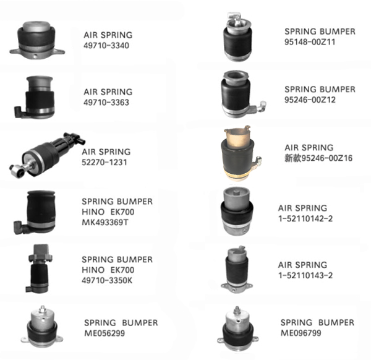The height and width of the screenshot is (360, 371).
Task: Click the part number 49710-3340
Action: click(x=106, y=45)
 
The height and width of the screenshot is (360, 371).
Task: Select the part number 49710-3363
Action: click(x=106, y=103)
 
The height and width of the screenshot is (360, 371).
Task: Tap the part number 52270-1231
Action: click(x=104, y=162)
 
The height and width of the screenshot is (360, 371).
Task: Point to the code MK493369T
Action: click(x=105, y=223)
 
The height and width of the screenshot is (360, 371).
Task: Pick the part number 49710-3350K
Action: click(x=107, y=280)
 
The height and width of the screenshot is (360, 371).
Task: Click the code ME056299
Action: click(x=104, y=333)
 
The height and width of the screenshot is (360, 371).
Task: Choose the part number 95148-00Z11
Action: click(x=310, y=42)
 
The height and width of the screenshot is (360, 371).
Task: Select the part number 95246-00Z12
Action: click(x=310, y=100)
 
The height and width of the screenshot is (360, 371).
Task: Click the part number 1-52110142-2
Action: click(x=305, y=218)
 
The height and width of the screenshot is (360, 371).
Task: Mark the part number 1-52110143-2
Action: click(x=305, y=275)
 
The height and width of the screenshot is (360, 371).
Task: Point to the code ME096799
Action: click(x=301, y=333)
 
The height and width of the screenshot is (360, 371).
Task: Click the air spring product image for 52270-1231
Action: click(x=48, y=155)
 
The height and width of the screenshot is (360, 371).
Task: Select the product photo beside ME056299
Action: click(x=42, y=327)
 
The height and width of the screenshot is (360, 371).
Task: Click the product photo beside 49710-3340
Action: click(x=37, y=40)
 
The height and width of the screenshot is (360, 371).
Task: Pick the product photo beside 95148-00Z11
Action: click(x=237, y=36)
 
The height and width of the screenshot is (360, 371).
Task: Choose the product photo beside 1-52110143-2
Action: click(x=237, y=269)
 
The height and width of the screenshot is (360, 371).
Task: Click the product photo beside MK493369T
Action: click(x=35, y=212)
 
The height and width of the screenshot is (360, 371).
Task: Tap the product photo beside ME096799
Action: click(x=237, y=328)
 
